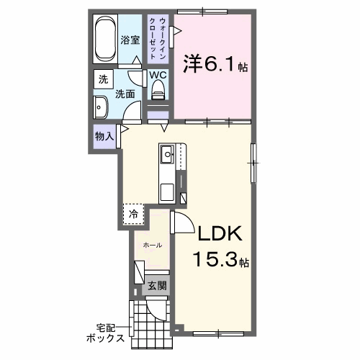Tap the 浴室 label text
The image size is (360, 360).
coord(130,41)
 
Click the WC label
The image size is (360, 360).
coord(158,75)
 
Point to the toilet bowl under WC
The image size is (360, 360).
coord(158,91)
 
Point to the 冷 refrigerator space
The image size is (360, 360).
coord(133,214)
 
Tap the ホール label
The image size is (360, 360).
coord(152,246)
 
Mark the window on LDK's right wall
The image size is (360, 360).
coord(253,162)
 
